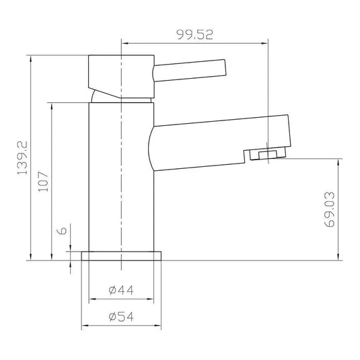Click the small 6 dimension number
[62, 231]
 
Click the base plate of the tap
[122, 256]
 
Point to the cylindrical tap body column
[122, 182]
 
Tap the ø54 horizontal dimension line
[122, 326]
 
